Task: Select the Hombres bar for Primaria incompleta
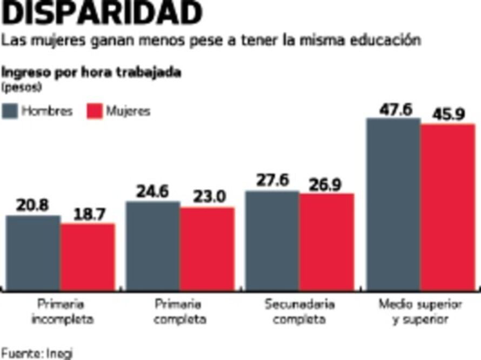(x=33, y=252)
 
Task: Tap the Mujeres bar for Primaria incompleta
(x=88, y=257)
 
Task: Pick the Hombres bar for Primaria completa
(x=153, y=246)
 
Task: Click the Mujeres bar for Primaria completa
(x=208, y=249)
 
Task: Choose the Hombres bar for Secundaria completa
(x=272, y=241)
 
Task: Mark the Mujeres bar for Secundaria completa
(x=327, y=242)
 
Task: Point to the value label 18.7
(x=87, y=215)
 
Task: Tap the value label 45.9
(x=448, y=115)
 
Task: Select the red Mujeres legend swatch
(x=94, y=111)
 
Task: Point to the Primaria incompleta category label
(x=62, y=311)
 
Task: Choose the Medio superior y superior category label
(x=420, y=311)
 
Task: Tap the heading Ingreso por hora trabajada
(x=91, y=73)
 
